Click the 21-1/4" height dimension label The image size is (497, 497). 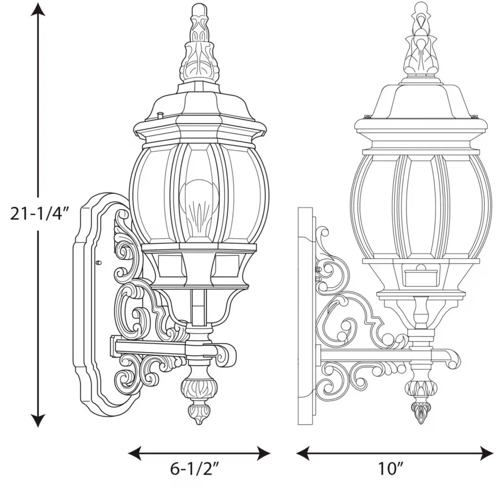pos(39,214)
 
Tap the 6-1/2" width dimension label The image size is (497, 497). pos(194,468)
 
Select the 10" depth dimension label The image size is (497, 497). pos(390,468)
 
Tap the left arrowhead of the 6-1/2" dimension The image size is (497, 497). pos(134,453)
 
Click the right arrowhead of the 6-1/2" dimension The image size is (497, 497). pos(264,453)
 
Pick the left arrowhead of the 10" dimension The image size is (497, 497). pos(303,453)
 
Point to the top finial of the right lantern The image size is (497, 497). pos(420,40)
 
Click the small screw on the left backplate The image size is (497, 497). pos(98,263)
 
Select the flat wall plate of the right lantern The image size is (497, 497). pos(305,316)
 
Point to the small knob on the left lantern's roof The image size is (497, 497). pos(160,116)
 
